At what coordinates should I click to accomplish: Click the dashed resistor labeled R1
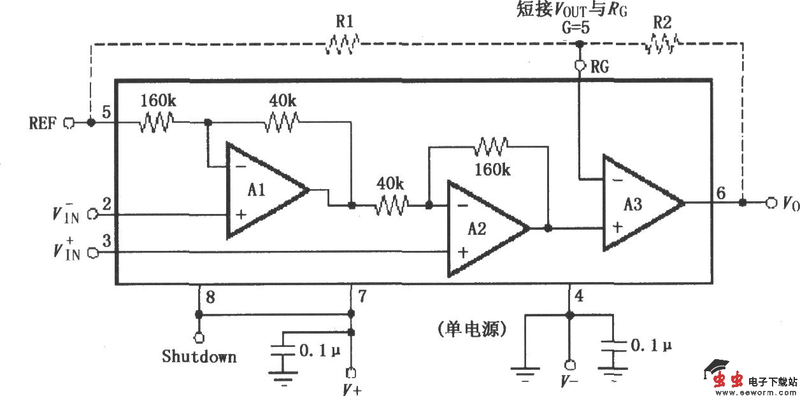343,45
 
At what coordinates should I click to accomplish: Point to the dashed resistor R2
662,45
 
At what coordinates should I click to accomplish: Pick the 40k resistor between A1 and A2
391,206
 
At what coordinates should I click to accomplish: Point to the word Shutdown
199,356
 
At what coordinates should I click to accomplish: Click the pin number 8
211,295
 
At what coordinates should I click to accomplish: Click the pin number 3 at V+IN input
107,241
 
